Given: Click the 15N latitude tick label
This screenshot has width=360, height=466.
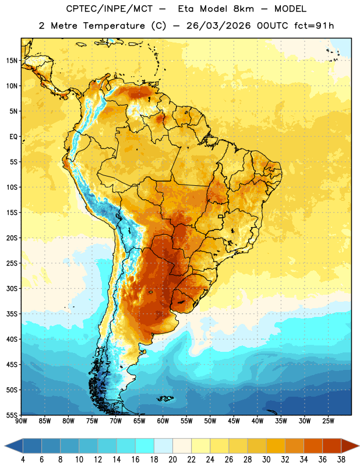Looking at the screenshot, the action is pyautogui.click(x=12, y=61).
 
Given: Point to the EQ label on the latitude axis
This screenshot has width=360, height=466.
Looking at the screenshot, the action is pyautogui.click(x=13, y=137).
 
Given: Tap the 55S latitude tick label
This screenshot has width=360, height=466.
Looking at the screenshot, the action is pyautogui.click(x=12, y=415).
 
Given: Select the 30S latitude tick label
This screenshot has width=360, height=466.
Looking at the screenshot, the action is pyautogui.click(x=12, y=288).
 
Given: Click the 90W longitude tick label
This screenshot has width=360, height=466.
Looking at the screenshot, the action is pyautogui.click(x=21, y=421).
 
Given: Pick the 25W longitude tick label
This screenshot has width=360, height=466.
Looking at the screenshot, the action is pyautogui.click(x=328, y=421).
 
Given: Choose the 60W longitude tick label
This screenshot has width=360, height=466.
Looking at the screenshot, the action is pyautogui.click(x=163, y=421).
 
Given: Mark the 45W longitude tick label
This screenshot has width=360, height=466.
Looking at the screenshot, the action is pyautogui.click(x=234, y=421).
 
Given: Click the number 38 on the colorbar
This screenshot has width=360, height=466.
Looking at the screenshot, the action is pyautogui.click(x=341, y=460).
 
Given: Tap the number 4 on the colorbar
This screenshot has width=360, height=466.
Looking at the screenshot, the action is pyautogui.click(x=23, y=460).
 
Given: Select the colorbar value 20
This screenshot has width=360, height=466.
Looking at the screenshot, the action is pyautogui.click(x=172, y=460).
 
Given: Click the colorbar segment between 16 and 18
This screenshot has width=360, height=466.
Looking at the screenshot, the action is pyautogui.click(x=144, y=446).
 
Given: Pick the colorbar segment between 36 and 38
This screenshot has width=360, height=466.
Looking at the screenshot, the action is pyautogui.click(x=332, y=446).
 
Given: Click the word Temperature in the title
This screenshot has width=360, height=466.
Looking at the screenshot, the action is pyautogui.click(x=114, y=26).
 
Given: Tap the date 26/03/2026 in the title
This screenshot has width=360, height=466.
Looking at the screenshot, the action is pyautogui.click(x=218, y=26).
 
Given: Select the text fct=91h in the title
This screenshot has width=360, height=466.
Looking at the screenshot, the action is pyautogui.click(x=314, y=26).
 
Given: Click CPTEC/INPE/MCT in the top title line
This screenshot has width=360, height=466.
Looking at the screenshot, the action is pyautogui.click(x=110, y=9).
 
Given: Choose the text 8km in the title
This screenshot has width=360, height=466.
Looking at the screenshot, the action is pyautogui.click(x=243, y=9).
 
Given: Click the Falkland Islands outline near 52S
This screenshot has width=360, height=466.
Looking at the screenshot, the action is pyautogui.click(x=165, y=398).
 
